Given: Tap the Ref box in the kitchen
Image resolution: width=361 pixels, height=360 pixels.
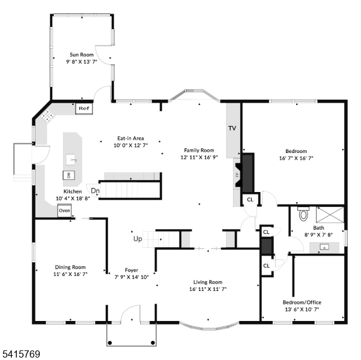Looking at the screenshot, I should [x=83, y=109].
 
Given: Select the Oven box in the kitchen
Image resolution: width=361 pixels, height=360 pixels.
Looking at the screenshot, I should [x=65, y=211].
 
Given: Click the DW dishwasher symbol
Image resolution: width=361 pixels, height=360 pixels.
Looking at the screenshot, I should [x=68, y=175].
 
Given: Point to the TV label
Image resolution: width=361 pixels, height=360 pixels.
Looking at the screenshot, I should [x=232, y=128].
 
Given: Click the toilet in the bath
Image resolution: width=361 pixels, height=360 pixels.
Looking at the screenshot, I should [x=303, y=213].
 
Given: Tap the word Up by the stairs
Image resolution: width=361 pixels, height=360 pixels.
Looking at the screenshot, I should [x=138, y=239].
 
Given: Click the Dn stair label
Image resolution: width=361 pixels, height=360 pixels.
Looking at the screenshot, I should [x=95, y=191].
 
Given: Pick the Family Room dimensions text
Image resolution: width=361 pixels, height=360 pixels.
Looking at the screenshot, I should [x=199, y=157].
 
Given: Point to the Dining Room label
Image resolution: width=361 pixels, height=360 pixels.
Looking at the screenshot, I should [x=70, y=267].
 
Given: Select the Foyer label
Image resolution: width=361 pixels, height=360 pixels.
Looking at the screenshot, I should [x=132, y=269].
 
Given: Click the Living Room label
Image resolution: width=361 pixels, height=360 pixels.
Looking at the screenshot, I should [x=208, y=281].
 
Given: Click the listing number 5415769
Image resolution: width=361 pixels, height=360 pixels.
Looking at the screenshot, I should [x=21, y=354].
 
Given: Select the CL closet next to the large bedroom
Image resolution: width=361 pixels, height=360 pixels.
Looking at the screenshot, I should [x=250, y=199].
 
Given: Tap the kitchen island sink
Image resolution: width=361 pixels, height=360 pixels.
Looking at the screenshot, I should [x=73, y=159].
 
